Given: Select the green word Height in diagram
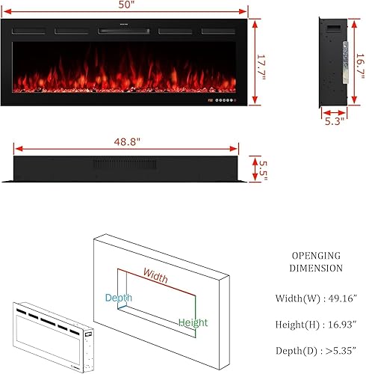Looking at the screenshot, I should pos(193,324).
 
